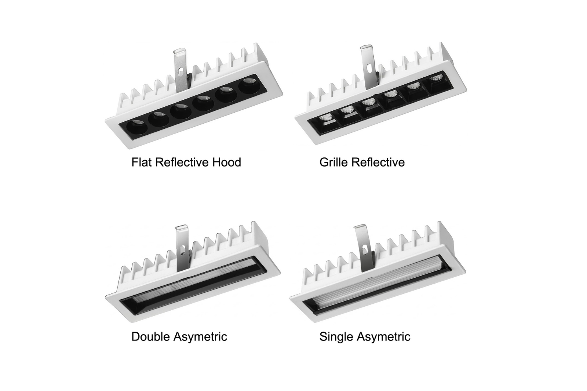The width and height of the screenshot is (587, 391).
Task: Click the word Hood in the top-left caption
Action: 226,162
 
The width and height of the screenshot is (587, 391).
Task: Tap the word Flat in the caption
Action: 142,162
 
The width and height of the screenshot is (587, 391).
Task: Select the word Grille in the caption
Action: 334,162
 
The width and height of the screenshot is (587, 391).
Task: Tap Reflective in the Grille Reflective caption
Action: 378,162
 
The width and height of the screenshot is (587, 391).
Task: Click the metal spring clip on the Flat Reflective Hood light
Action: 181,70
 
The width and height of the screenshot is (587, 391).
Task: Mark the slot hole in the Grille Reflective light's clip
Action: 369,68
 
